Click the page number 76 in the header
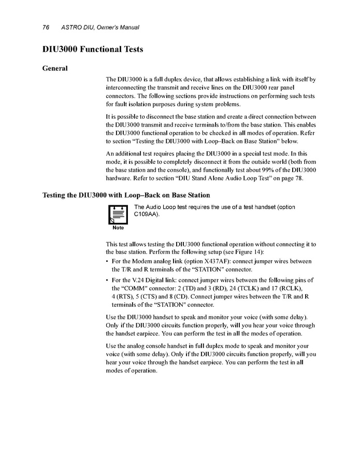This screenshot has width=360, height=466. (x=45, y=27)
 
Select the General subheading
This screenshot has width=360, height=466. (x=55, y=68)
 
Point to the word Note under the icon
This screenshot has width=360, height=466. (x=118, y=228)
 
